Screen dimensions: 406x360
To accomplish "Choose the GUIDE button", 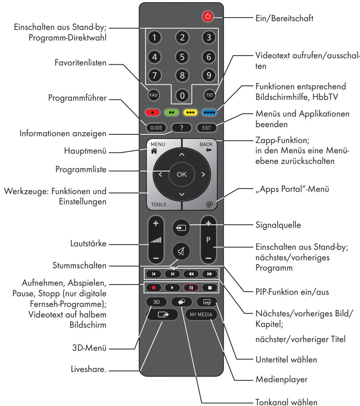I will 155,128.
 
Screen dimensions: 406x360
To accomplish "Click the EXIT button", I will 207,128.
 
